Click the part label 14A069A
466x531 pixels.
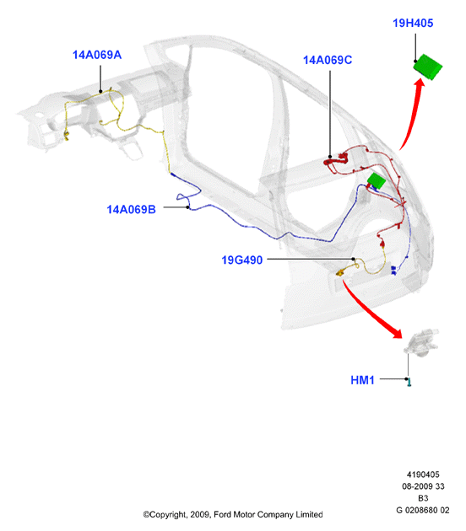(x=97, y=55)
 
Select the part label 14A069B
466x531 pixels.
(x=131, y=209)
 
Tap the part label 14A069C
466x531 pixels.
(x=328, y=60)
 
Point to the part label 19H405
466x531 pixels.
(x=413, y=23)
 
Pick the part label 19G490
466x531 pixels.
(x=241, y=260)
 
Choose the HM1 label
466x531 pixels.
(x=362, y=380)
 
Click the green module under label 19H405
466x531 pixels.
(x=428, y=67)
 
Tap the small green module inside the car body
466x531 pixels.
(x=377, y=181)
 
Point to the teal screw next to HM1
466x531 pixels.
(x=409, y=383)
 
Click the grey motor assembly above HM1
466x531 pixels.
(x=421, y=342)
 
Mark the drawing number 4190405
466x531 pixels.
(x=423, y=475)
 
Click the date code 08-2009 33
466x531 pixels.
(x=423, y=486)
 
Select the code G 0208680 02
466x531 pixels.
(x=423, y=510)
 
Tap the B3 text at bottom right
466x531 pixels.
(x=423, y=498)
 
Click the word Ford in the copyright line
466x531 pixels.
(x=223, y=514)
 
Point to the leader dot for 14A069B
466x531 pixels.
(x=187, y=206)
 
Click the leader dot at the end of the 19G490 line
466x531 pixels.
(x=353, y=259)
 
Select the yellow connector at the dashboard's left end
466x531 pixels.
(x=66, y=135)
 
